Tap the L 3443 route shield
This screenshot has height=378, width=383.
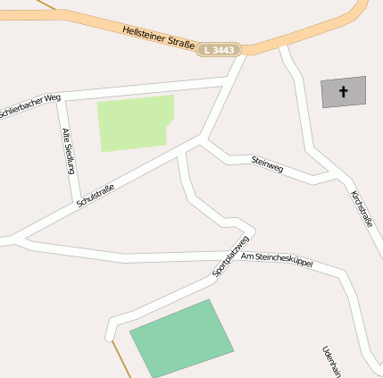pyautogui.click(x=220, y=50)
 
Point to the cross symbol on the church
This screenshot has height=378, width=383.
pyautogui.click(x=344, y=91)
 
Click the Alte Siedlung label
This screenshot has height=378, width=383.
pyautogui.click(x=67, y=150)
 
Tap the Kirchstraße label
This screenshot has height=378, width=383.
pyautogui.click(x=362, y=208)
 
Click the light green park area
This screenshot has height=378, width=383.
pyautogui.click(x=135, y=123)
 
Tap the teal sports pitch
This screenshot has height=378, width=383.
pyautogui.click(x=181, y=339)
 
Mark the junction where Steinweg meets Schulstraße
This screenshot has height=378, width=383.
pyautogui.click(x=204, y=139)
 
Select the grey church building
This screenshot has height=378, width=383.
pyautogui.click(x=344, y=92)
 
